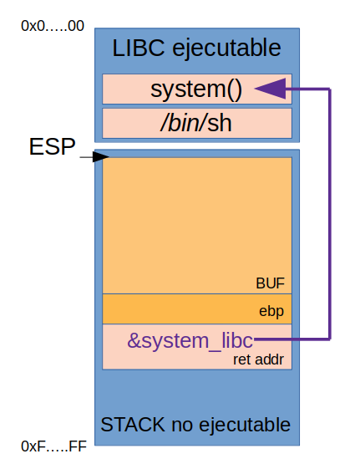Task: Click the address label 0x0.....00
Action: coord(52,26)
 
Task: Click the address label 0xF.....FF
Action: coord(53,446)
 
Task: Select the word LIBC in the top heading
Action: coord(137,48)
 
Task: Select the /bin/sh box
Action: coord(196,123)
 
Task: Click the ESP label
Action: coord(52,148)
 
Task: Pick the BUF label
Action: coord(271,283)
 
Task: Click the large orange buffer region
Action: coord(196,222)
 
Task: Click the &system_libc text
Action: coord(190,339)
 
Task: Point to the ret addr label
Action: coord(258,359)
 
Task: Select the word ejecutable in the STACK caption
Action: coord(242,424)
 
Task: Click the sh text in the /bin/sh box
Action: coord(219,123)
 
